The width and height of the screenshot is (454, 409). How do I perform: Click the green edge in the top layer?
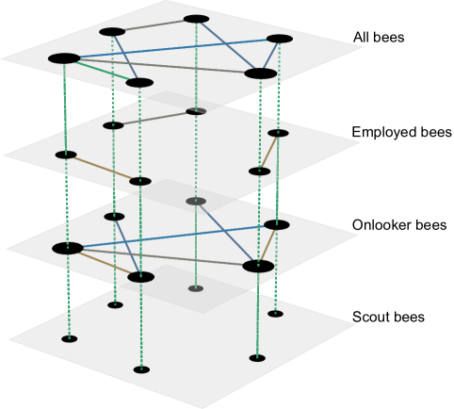point(102,71)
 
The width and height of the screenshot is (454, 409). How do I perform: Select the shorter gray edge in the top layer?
point(154,25)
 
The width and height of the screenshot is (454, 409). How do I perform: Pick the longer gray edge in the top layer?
point(162,66)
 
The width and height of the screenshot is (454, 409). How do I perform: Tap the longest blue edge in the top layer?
point(171,48)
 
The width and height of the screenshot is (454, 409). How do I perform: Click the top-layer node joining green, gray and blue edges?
point(64,58)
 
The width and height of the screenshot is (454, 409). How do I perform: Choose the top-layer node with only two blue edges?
point(280,39)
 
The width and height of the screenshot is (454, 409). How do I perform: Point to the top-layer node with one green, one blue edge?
point(139,83)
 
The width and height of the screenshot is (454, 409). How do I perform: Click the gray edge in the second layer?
point(154,118)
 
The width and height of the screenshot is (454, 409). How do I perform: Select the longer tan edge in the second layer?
point(103,168)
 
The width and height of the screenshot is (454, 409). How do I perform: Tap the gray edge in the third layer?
point(163,257)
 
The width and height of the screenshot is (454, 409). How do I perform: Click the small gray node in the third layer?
point(196,201)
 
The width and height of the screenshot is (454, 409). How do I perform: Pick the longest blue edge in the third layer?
point(172,237)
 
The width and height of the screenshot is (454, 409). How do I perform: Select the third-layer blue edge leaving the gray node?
point(227,234)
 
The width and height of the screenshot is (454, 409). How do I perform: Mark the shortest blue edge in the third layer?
point(127,246)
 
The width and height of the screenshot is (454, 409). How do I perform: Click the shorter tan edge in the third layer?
point(268,245)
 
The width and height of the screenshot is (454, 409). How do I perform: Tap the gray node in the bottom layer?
point(196,288)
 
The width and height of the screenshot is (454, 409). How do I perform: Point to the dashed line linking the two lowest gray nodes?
point(196,245)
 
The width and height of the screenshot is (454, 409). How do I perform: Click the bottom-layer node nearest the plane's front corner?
point(141,369)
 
